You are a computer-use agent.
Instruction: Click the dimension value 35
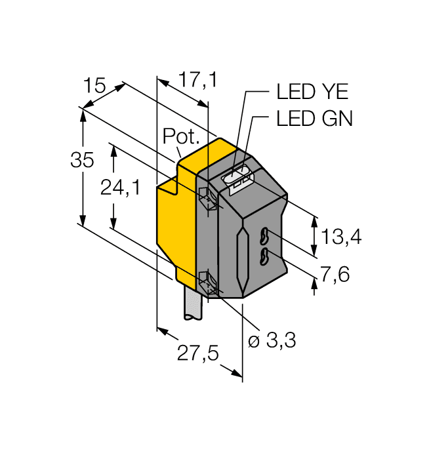pyautogui.click(x=82, y=161)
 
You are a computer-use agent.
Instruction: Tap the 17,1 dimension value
pyautogui.click(x=197, y=81)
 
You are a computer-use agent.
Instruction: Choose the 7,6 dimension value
pyautogui.click(x=335, y=274)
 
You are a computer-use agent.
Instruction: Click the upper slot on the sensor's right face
pyautogui.click(x=265, y=234)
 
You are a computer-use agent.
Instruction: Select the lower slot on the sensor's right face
pyautogui.click(x=265, y=256)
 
